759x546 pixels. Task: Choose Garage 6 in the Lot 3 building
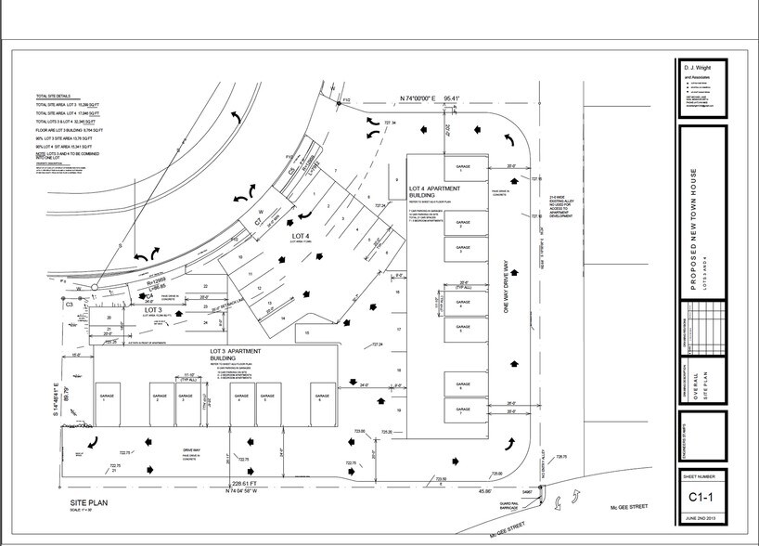pos(320,397)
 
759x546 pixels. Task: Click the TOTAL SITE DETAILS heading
pos(54,96)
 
